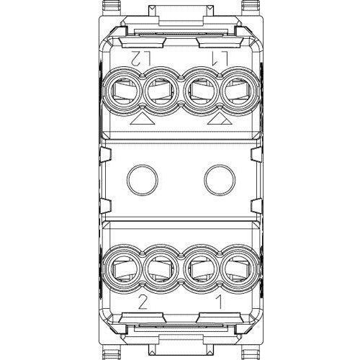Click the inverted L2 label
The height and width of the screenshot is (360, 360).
(141, 58)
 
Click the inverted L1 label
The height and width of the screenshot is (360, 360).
(219, 58)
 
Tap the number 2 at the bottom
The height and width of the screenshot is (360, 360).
(143, 302)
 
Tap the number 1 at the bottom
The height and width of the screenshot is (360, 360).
(220, 302)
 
